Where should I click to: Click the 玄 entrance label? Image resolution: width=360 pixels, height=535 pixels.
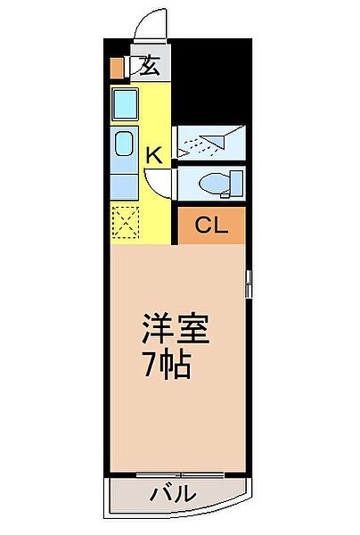click(149, 65)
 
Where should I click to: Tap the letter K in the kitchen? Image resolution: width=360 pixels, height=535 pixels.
click(154, 155)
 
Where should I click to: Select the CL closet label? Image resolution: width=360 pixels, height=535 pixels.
click(211, 226)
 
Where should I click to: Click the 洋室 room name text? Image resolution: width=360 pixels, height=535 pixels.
click(176, 328)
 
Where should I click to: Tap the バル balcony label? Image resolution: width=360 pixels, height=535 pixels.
click(174, 493)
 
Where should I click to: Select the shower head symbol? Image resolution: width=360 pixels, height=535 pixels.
click(212, 141)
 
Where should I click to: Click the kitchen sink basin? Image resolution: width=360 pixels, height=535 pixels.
click(124, 144)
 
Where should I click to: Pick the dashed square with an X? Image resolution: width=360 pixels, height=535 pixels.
click(125, 222)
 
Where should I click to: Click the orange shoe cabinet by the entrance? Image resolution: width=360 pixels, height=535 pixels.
click(117, 68)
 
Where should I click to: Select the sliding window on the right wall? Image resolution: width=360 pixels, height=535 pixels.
click(249, 284)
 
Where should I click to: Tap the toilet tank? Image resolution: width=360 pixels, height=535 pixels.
click(237, 184)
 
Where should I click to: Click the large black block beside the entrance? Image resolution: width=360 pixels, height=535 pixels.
click(211, 80)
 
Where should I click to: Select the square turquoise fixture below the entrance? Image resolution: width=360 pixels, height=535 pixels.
click(125, 104)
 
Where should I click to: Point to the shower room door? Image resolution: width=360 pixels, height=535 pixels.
click(175, 142)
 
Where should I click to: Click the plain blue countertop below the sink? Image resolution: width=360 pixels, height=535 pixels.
click(125, 186)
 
